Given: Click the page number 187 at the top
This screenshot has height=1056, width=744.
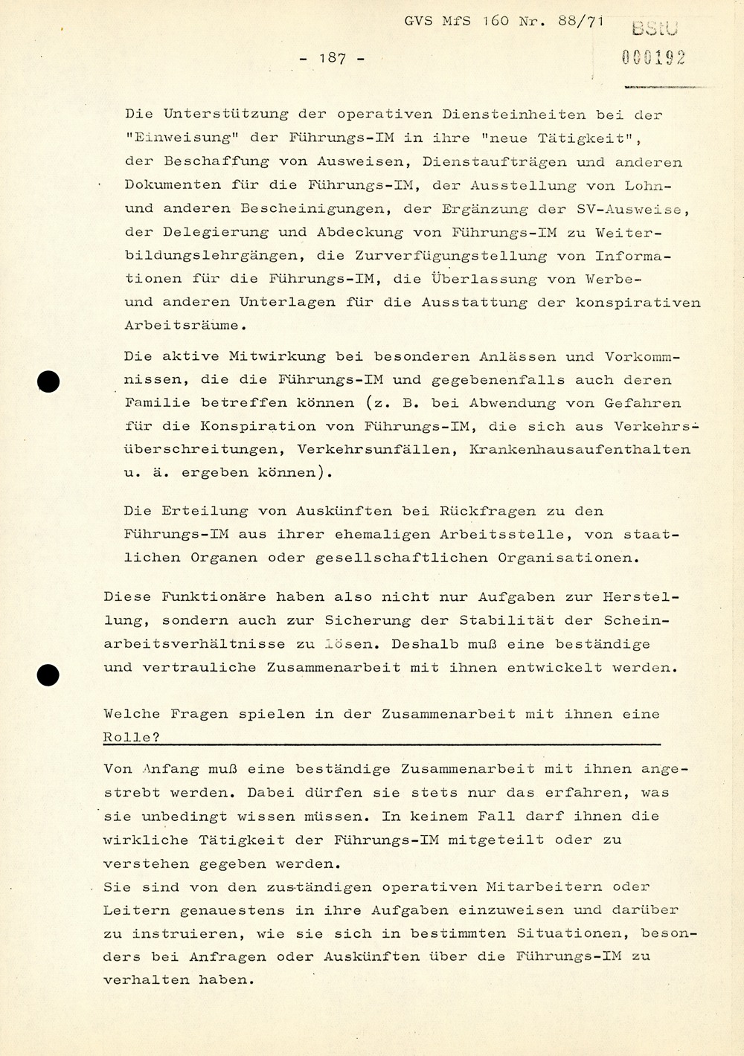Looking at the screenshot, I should coord(332,58).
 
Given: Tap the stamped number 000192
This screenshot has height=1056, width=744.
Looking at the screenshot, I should coord(653,57).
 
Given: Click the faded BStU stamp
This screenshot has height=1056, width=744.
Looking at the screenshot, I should coord(655,29).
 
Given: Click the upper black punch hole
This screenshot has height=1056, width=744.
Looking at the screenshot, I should coord(48,381).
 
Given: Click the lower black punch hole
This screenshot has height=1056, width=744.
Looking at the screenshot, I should coord(48,675).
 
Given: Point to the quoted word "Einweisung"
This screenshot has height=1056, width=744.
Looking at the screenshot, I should coord(168,138).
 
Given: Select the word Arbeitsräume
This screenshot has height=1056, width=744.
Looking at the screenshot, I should coord(182,325).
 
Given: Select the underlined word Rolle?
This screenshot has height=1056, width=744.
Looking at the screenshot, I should coord(132,737).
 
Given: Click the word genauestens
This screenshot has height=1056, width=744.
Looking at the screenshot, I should coord(243,909).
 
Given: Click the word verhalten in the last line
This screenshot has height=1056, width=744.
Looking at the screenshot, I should coord(146,980).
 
